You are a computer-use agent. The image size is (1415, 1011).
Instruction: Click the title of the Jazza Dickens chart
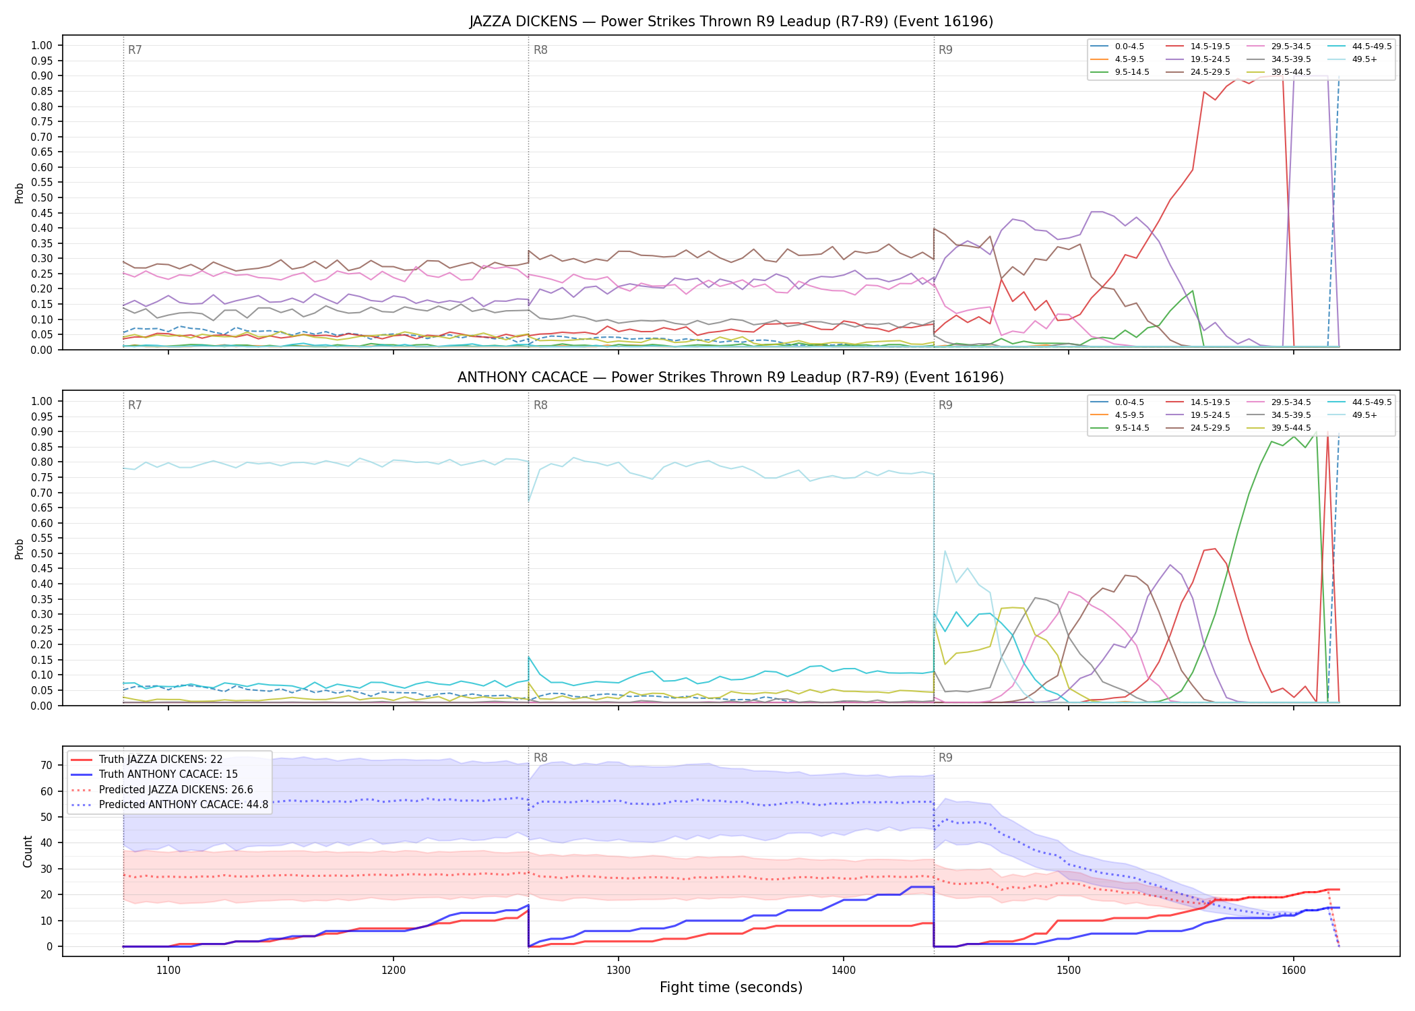731,22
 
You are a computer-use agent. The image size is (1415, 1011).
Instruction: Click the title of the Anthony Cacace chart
731,377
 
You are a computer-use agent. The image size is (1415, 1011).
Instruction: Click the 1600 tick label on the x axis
1294,971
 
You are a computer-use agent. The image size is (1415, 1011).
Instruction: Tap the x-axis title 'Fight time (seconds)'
731,988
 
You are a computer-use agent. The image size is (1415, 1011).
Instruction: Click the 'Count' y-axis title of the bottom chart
28,851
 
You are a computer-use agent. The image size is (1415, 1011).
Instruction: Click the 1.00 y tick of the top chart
42,46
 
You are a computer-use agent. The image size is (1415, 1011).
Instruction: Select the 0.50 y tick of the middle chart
42,553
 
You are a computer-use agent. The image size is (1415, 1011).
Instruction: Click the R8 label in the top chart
540,50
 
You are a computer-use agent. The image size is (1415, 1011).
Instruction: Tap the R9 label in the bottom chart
945,758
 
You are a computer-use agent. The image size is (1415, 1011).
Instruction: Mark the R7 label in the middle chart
135,405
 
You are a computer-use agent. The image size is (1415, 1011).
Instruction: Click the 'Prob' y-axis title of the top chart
20,193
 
